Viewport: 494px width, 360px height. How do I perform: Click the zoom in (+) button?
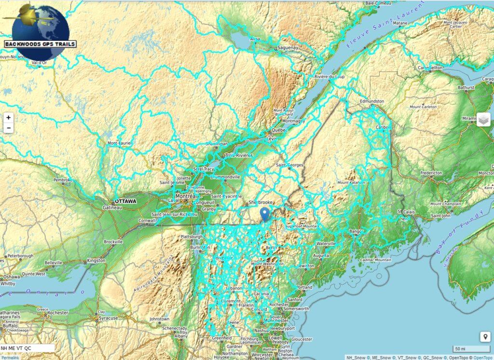[x=9, y=118]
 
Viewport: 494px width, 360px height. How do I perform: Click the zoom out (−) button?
[x=9, y=128]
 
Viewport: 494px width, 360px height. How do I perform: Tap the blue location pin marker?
[x=264, y=213]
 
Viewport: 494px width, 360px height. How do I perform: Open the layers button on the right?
[x=483, y=119]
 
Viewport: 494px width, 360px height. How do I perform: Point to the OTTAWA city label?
[x=125, y=201]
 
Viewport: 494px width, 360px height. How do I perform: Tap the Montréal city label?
[x=186, y=196]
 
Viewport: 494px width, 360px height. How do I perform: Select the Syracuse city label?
[x=108, y=318]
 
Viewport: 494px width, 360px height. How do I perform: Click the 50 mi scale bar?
[x=471, y=349]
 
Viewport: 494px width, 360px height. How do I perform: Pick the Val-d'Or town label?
[x=39, y=62]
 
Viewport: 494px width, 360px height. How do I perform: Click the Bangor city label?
[x=356, y=232]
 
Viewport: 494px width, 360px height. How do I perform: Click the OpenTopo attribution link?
[x=482, y=358]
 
